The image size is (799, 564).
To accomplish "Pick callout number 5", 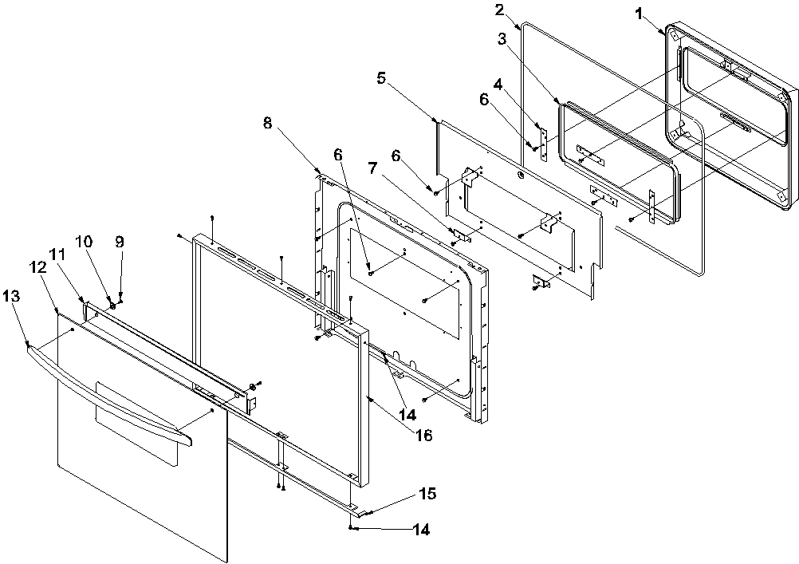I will click(x=381, y=78).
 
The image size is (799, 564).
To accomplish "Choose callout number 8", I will click(x=267, y=123).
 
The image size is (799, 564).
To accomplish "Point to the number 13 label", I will click(x=14, y=296).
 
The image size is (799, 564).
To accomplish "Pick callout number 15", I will click(x=428, y=495).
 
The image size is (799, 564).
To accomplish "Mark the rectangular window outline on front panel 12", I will click(x=136, y=423).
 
